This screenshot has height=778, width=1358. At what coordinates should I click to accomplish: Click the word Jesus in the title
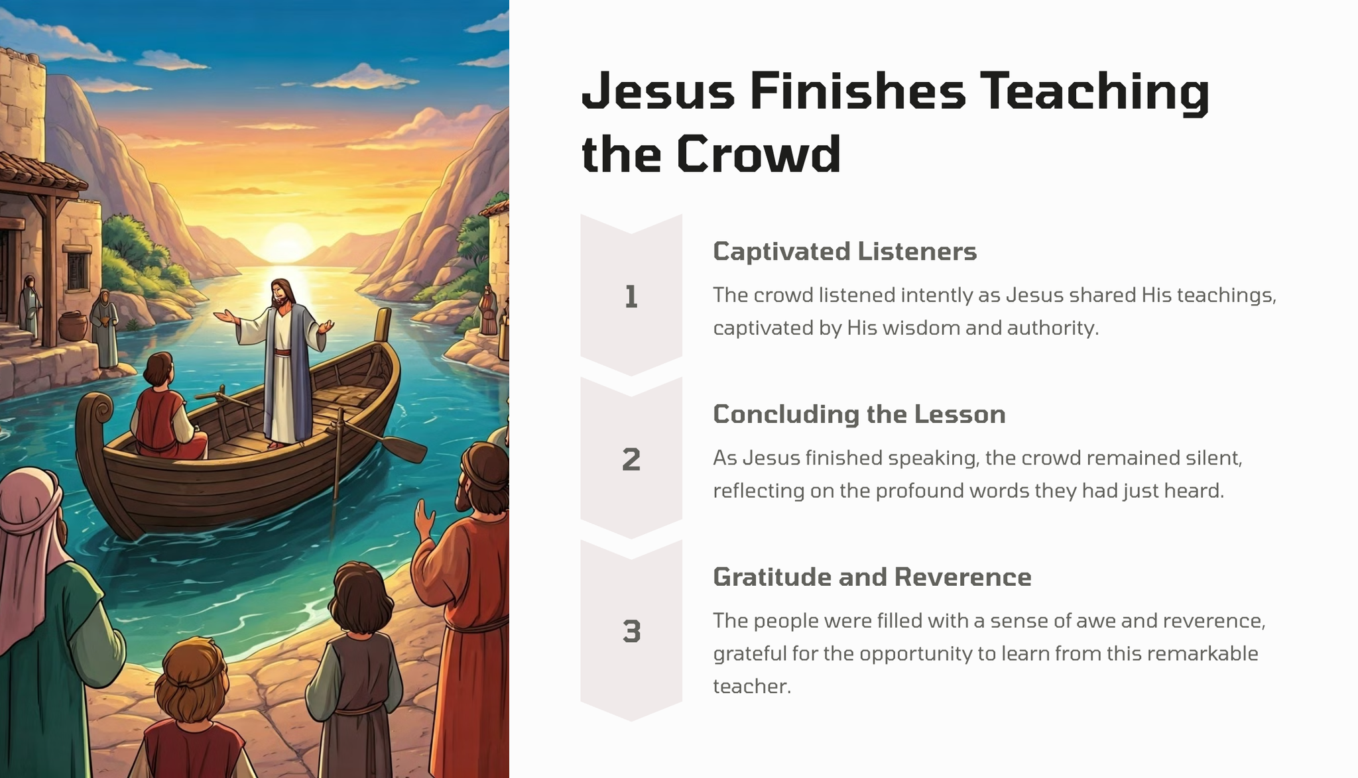click(658, 91)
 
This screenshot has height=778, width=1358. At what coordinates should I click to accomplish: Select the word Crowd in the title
click(759, 154)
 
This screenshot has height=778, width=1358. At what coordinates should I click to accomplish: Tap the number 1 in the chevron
click(631, 297)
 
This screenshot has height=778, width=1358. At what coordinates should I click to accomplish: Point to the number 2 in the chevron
click(631, 459)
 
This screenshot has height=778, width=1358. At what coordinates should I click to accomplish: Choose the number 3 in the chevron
click(631, 631)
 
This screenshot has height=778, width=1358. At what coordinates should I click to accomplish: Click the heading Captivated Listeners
click(845, 252)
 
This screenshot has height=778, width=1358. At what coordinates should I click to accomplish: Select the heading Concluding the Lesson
click(859, 414)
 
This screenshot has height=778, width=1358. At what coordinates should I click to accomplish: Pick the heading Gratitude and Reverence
click(872, 577)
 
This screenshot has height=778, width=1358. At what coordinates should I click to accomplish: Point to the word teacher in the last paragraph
click(752, 686)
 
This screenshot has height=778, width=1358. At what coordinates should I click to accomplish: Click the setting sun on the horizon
click(287, 241)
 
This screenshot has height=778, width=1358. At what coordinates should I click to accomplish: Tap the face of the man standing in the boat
click(282, 295)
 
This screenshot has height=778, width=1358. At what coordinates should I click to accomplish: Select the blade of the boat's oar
click(406, 449)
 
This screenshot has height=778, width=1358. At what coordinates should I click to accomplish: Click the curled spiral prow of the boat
click(99, 409)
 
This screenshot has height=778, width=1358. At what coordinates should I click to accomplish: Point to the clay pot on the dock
click(73, 326)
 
